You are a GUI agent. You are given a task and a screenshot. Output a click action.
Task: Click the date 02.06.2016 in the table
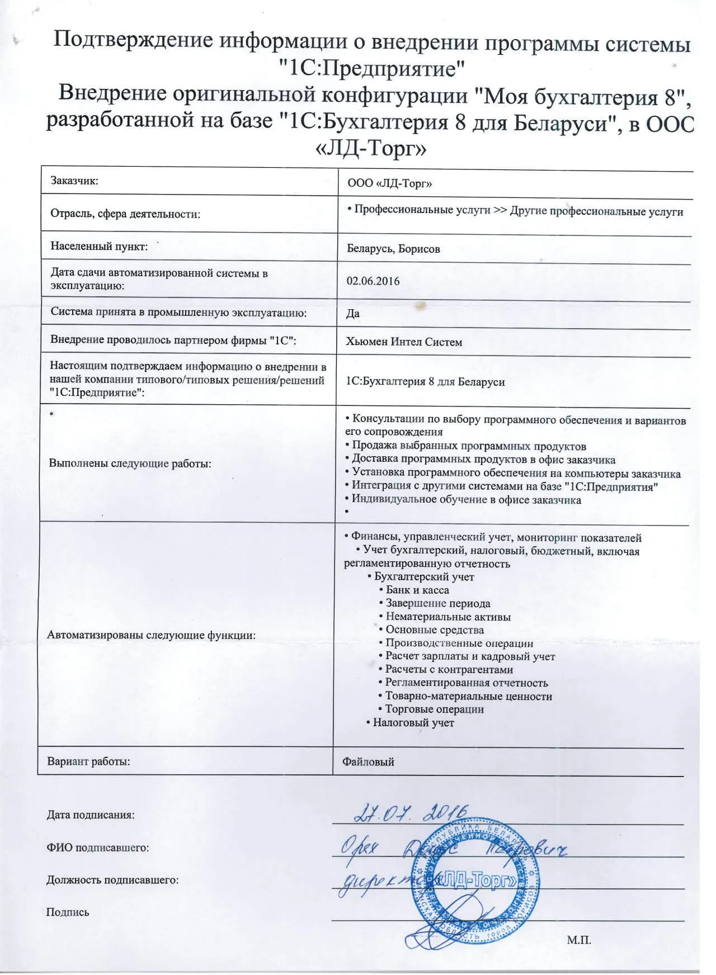pyautogui.click(x=373, y=281)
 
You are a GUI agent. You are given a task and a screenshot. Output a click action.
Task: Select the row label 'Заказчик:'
pyautogui.click(x=74, y=181)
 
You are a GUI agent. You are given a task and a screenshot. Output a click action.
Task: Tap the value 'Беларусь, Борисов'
pyautogui.click(x=393, y=249)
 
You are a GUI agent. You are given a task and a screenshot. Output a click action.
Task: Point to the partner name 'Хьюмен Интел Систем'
pyautogui.click(x=404, y=342)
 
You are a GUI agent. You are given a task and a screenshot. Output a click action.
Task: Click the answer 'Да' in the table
pyautogui.click(x=352, y=313)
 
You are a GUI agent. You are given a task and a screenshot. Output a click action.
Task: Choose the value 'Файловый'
pyautogui.click(x=368, y=761)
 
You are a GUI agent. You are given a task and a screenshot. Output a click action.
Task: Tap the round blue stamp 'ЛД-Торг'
pyautogui.click(x=475, y=883)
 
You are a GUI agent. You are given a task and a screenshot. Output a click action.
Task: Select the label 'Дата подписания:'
pyautogui.click(x=91, y=815)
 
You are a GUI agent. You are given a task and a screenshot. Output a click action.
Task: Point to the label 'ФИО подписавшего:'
pyautogui.click(x=98, y=848)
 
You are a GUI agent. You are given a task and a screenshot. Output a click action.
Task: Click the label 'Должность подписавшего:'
pyautogui.click(x=112, y=880)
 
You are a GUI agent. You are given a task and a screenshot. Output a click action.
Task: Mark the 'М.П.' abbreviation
pyautogui.click(x=578, y=940)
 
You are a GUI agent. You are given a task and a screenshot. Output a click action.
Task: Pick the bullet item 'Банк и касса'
pyautogui.click(x=417, y=590)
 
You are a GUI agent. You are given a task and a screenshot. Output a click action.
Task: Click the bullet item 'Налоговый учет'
pyautogui.click(x=413, y=722)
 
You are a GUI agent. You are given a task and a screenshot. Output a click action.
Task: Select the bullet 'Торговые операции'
pyautogui.click(x=434, y=709)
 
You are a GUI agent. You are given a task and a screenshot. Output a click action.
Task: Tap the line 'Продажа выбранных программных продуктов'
pyautogui.click(x=469, y=446)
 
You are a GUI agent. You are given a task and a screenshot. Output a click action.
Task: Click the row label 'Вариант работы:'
pyautogui.click(x=88, y=761)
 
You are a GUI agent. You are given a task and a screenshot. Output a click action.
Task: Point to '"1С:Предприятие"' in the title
pyautogui.click(x=373, y=69)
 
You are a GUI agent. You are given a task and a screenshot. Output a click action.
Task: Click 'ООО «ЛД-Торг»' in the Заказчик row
pyautogui.click(x=389, y=183)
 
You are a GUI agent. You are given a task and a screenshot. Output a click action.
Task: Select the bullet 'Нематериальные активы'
pyautogui.click(x=448, y=617)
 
